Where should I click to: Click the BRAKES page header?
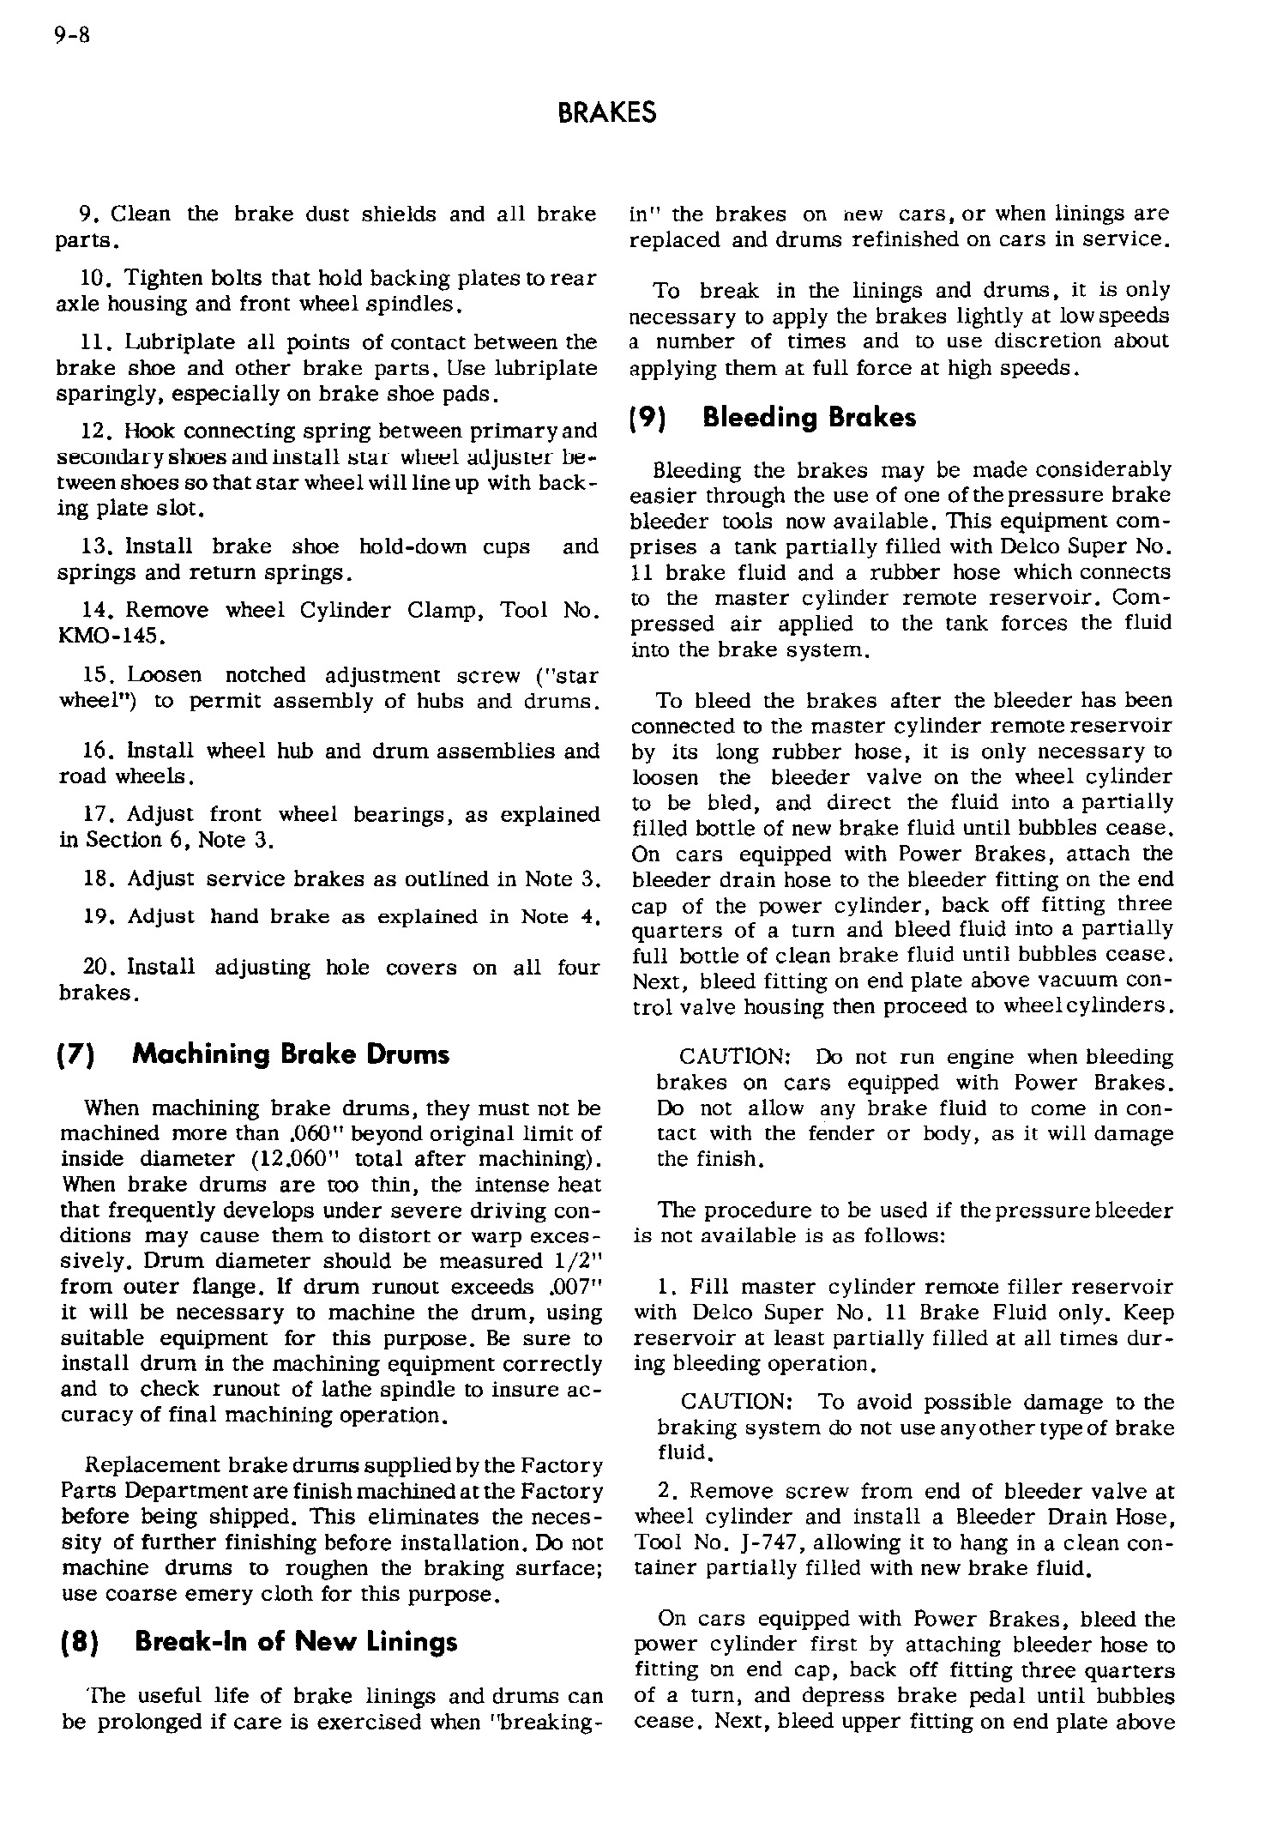click(606, 112)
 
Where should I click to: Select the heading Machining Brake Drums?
click(291, 1054)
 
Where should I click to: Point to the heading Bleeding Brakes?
click(809, 418)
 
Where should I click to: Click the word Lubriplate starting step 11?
click(172, 342)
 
